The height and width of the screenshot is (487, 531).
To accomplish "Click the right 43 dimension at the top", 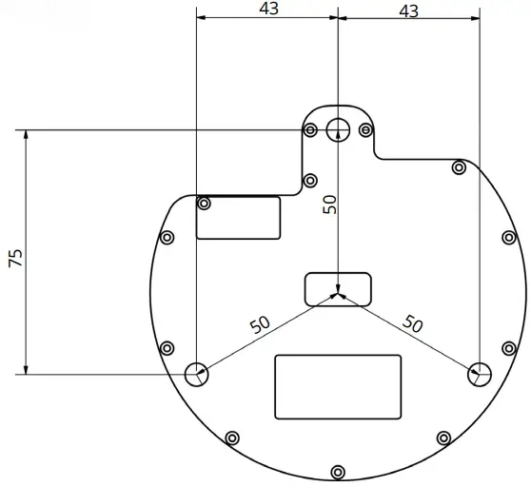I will [x=407, y=10].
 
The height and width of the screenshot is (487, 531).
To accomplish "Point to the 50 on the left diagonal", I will [x=260, y=324].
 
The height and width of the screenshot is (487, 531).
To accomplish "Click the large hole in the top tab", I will [x=338, y=129].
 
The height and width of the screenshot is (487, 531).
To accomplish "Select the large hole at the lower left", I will [x=196, y=374].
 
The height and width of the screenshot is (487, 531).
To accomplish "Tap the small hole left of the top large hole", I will [x=311, y=130].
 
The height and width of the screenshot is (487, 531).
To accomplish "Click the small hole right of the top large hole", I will [x=365, y=130].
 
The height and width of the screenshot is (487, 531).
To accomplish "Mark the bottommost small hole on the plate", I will [x=338, y=472].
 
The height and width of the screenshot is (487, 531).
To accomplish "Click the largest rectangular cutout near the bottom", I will [x=338, y=386].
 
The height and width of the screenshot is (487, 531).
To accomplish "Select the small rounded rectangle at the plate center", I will [x=338, y=288].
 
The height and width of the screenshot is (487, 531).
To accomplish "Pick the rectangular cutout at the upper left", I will [x=238, y=218].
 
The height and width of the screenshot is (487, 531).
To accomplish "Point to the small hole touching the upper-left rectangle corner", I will [x=204, y=203].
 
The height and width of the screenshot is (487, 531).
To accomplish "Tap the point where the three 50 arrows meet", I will [x=338, y=295].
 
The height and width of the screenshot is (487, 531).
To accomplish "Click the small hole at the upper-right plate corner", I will [x=459, y=168].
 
